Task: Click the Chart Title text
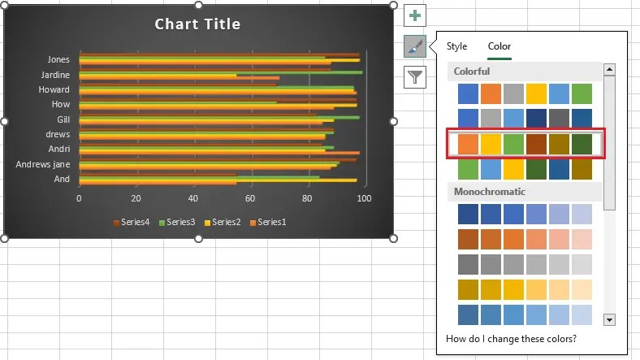(x=197, y=24)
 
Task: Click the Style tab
(x=457, y=46)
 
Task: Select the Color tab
(x=499, y=46)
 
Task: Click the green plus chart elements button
(x=415, y=15)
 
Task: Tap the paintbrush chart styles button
(x=415, y=47)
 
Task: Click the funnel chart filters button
(x=415, y=77)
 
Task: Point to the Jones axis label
(x=58, y=59)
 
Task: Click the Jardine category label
(x=55, y=75)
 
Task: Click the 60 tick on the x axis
(x=250, y=198)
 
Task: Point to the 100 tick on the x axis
(x=364, y=198)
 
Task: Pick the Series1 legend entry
(x=271, y=222)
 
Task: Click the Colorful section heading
(x=472, y=72)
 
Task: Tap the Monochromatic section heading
(x=489, y=192)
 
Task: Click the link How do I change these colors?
(x=512, y=338)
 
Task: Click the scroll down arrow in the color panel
(x=610, y=320)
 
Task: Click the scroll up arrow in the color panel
(x=610, y=70)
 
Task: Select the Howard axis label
(x=54, y=89)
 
